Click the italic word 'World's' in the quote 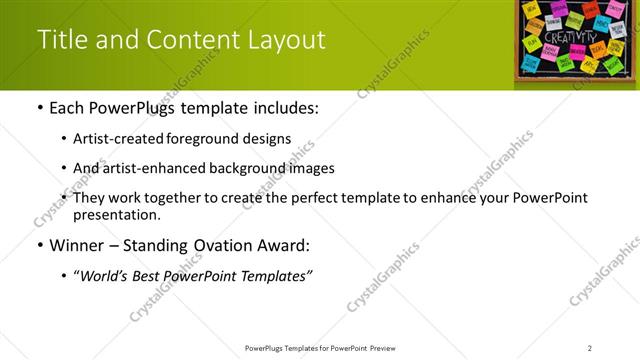106,275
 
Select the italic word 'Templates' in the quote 276,275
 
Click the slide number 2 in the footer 590,348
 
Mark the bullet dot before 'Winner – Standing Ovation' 39,246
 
